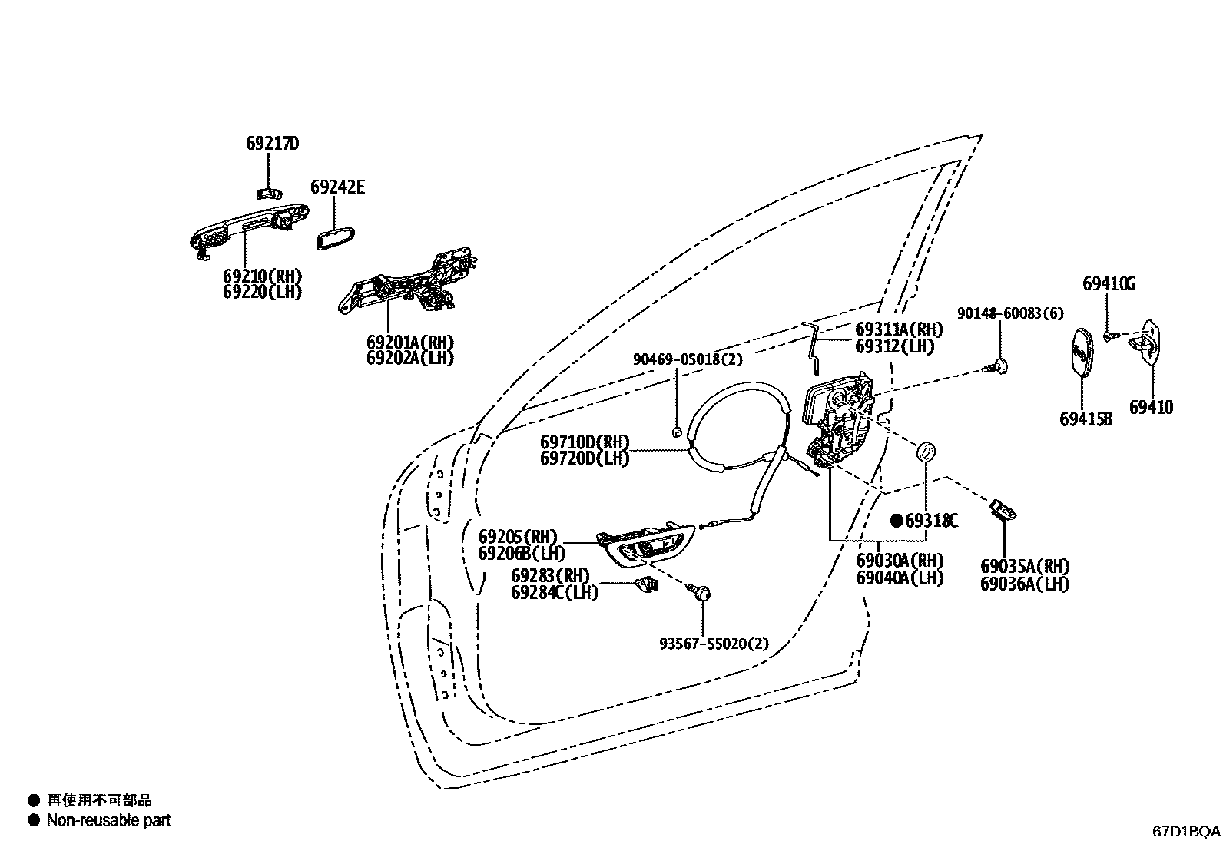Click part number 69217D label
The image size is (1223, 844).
click(x=272, y=144)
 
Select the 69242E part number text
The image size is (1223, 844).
click(x=337, y=187)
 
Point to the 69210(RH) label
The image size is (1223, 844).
click(x=263, y=276)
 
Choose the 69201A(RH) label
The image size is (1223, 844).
click(x=409, y=342)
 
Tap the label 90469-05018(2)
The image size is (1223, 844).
click(x=688, y=359)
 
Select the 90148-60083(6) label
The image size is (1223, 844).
click(x=1010, y=313)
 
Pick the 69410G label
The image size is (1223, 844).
click(x=1109, y=283)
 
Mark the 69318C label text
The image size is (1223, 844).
click(x=932, y=521)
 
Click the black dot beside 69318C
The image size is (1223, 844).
click(x=896, y=521)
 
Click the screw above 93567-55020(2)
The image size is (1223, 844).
click(x=701, y=593)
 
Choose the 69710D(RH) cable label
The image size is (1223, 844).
click(x=585, y=442)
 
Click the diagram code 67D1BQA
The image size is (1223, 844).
click(x=1185, y=831)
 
